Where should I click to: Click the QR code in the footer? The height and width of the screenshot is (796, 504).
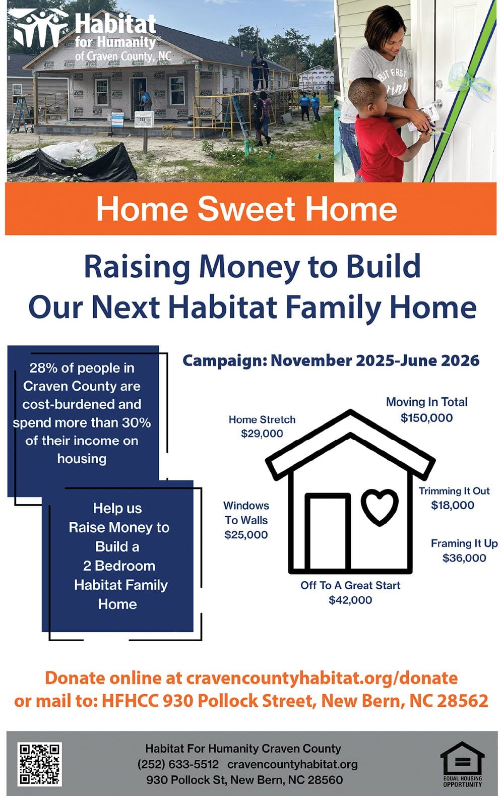[40, 763]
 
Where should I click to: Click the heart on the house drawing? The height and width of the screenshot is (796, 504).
[380, 506]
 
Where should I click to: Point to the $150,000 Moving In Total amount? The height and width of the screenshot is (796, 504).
[426, 418]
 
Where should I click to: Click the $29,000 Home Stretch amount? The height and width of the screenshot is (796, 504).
[262, 434]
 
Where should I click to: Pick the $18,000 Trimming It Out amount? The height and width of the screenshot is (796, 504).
[453, 506]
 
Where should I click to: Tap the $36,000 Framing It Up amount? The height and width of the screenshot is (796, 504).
[464, 558]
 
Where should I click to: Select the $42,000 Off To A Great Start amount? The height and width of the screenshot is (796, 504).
[350, 600]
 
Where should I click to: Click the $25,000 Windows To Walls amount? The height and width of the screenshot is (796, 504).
[246, 535]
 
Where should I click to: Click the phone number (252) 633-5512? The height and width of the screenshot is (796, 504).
[178, 764]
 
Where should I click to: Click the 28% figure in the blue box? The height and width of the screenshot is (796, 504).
[43, 368]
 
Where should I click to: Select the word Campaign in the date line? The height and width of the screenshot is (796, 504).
[224, 361]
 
